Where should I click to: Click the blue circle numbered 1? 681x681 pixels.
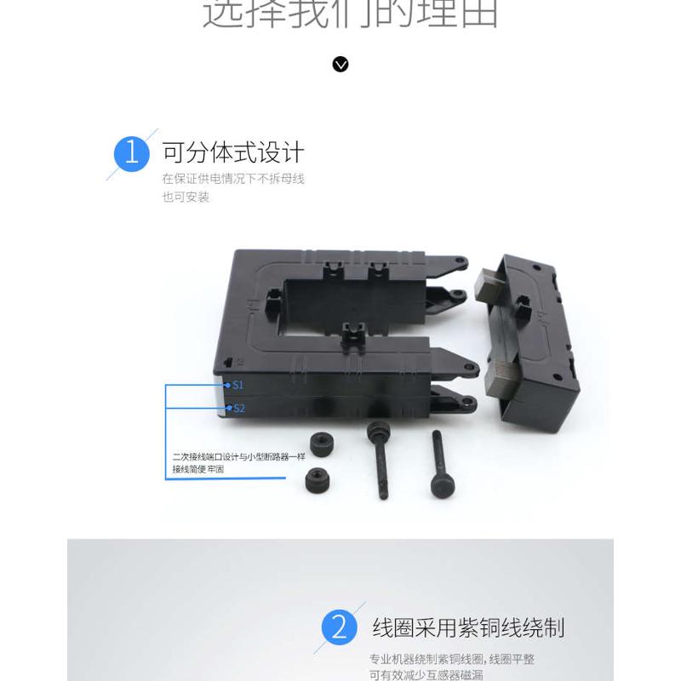point(131,153)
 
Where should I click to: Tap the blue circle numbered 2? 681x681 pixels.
point(339,628)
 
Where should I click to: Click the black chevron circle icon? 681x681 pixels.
point(340,65)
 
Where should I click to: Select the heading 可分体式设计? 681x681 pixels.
point(233,153)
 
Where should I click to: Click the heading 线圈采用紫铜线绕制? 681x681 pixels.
point(468,628)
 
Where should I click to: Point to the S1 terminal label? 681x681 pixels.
point(239,385)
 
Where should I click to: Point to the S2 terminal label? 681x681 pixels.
point(239,409)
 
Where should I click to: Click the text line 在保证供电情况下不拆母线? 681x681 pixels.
point(233,179)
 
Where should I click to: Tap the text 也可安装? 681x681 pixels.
point(186,197)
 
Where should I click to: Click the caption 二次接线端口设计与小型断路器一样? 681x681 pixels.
point(238,457)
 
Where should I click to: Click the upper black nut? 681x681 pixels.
point(322,443)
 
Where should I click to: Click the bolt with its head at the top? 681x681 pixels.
point(378,460)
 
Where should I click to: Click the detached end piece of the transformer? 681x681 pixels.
point(528,336)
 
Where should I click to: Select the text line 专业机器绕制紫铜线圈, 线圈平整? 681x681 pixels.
point(452,659)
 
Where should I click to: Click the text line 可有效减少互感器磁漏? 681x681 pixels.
point(426,675)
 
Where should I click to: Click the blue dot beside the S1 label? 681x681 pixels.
point(228,385)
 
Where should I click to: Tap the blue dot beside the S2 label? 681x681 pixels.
point(228,408)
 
